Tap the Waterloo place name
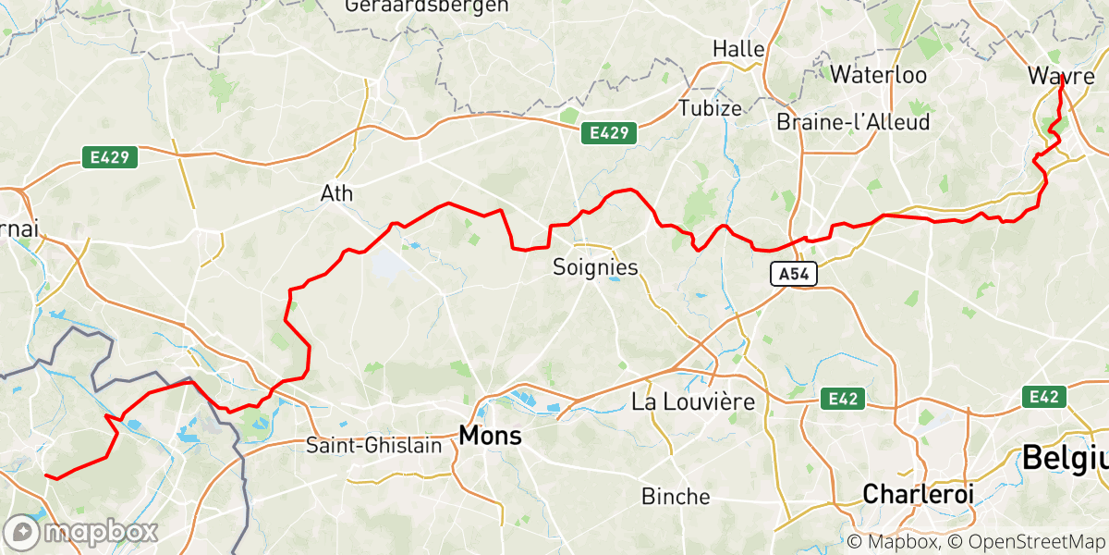tap(878, 75)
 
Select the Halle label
tap(738, 48)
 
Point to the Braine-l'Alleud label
tap(853, 122)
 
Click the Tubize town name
tap(710, 107)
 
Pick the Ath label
tap(335, 194)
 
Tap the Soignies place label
tap(595, 267)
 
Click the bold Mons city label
tap(490, 435)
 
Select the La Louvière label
tap(693, 402)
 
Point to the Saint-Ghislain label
tap(374, 445)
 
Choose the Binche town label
tap(676, 497)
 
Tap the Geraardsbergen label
tap(426, 6)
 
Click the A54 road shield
tap(793, 275)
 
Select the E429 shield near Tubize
tap(610, 134)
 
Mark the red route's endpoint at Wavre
tap(1059, 86)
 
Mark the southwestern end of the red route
tap(46, 475)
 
